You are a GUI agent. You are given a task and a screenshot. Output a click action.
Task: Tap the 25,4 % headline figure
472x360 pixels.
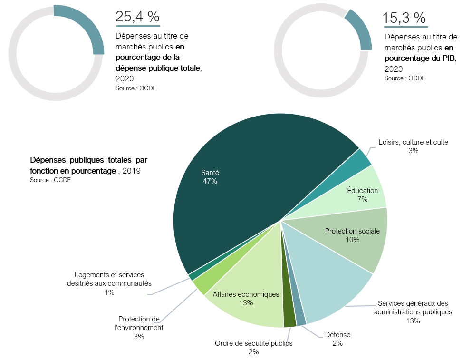137,17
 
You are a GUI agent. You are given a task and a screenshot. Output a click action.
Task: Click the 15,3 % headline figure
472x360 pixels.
405,19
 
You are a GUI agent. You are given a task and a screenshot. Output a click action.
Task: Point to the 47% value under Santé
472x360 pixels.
209,181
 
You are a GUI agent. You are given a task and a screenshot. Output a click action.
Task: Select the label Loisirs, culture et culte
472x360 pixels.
413,142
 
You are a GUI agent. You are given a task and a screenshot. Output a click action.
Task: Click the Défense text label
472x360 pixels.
337,335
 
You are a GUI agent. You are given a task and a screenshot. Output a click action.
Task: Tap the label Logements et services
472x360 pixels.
109,275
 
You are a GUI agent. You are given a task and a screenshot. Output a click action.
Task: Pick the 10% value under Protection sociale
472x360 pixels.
352,240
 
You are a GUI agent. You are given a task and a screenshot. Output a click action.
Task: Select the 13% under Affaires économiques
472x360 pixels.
246,303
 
